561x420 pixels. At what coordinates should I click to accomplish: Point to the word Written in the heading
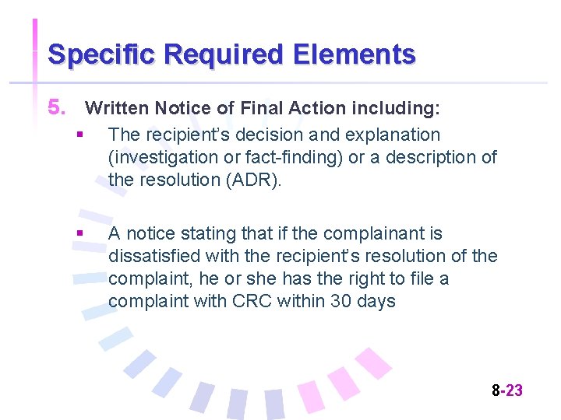click(117, 107)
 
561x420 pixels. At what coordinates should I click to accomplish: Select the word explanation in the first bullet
click(396, 135)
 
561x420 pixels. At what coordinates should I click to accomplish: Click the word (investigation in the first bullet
click(157, 157)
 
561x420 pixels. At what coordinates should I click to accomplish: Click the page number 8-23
click(507, 390)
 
